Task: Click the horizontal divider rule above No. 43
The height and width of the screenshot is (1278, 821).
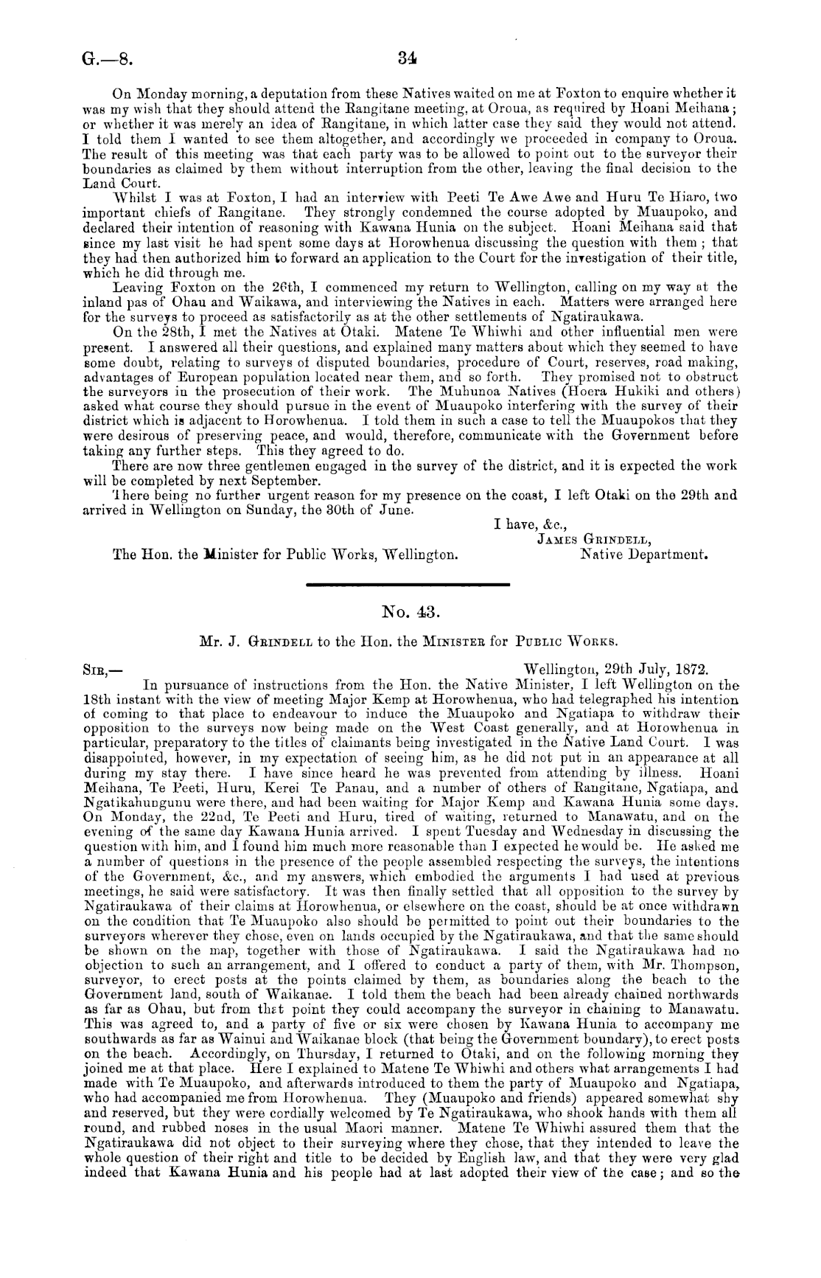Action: click(407, 585)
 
